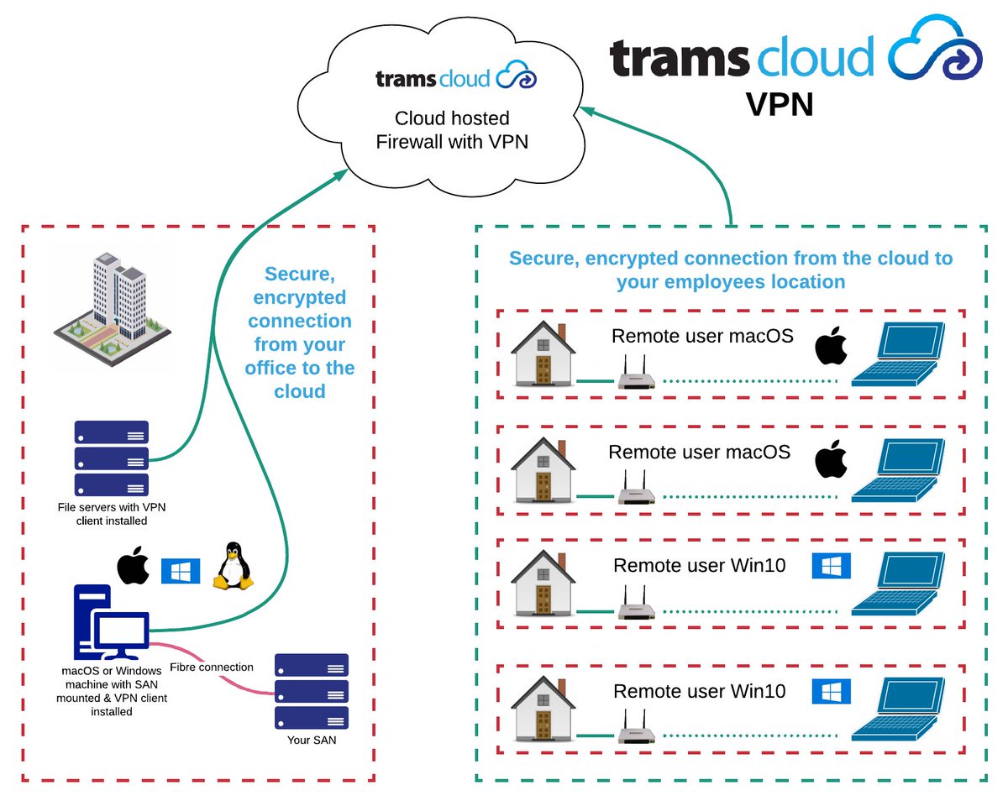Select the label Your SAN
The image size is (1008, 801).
[311, 740]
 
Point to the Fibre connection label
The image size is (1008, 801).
[212, 667]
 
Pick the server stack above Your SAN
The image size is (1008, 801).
[311, 690]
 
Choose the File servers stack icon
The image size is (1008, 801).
[112, 458]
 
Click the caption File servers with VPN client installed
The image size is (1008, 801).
[102, 513]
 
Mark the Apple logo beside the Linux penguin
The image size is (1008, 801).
[133, 568]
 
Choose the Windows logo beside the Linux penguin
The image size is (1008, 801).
[181, 570]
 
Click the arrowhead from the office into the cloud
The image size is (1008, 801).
[339, 172]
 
